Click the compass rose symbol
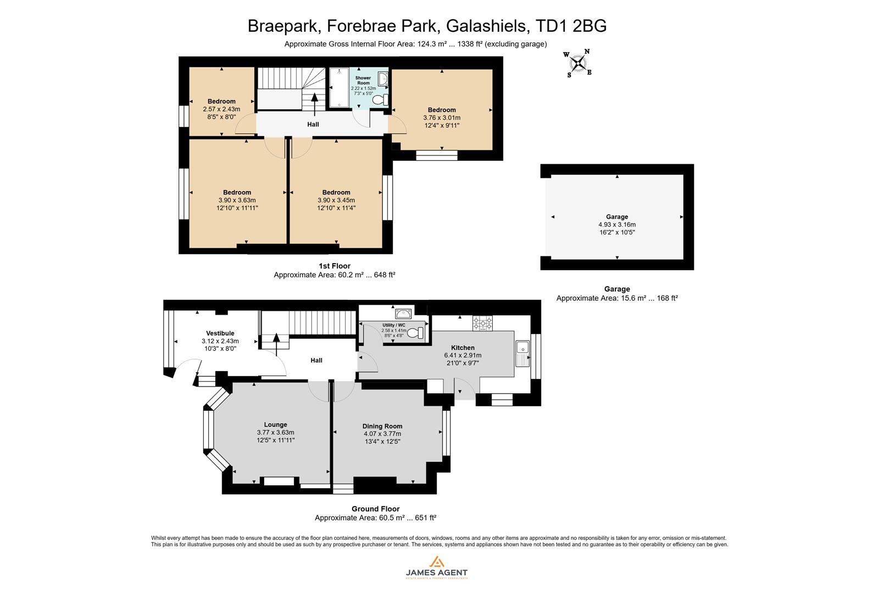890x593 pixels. [x=578, y=64]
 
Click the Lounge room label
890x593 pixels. [x=275, y=424]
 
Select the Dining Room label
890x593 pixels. [x=382, y=426]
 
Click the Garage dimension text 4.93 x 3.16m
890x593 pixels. [x=617, y=225]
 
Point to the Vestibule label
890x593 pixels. [x=220, y=333]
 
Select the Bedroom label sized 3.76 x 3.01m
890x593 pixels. [x=442, y=110]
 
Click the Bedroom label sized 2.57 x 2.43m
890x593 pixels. [x=221, y=101]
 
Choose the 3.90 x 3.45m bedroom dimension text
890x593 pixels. [x=336, y=200]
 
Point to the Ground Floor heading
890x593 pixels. [x=375, y=509]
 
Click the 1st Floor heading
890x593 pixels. [x=334, y=266]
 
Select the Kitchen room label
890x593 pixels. [x=463, y=348]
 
